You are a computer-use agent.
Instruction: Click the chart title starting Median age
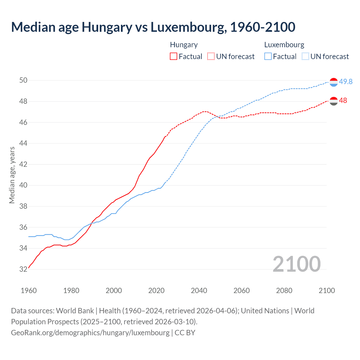click(153, 27)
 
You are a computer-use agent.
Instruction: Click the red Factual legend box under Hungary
click(174, 57)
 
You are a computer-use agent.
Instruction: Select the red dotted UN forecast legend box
click(211, 57)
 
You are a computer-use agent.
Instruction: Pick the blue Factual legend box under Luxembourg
click(268, 57)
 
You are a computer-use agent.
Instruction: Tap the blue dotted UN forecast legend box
click(305, 57)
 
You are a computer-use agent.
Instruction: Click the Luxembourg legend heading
click(284, 45)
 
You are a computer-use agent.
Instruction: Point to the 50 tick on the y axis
click(23, 80)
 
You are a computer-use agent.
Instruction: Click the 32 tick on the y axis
click(23, 269)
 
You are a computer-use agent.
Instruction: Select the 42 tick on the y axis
click(23, 164)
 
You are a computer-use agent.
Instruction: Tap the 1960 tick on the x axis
click(29, 291)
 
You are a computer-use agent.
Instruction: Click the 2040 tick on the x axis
click(199, 291)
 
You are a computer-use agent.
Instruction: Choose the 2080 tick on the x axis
click(284, 291)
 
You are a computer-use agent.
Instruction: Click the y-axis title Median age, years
click(12, 175)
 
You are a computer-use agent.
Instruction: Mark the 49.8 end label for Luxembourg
click(346, 82)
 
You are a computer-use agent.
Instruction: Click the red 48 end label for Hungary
click(343, 101)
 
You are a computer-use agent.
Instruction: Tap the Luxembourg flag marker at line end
click(334, 82)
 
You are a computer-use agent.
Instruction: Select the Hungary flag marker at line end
click(334, 101)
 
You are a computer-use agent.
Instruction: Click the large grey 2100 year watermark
click(296, 264)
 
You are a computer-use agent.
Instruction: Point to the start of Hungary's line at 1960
click(29, 268)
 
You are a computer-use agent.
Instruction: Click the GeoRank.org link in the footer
click(90, 333)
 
